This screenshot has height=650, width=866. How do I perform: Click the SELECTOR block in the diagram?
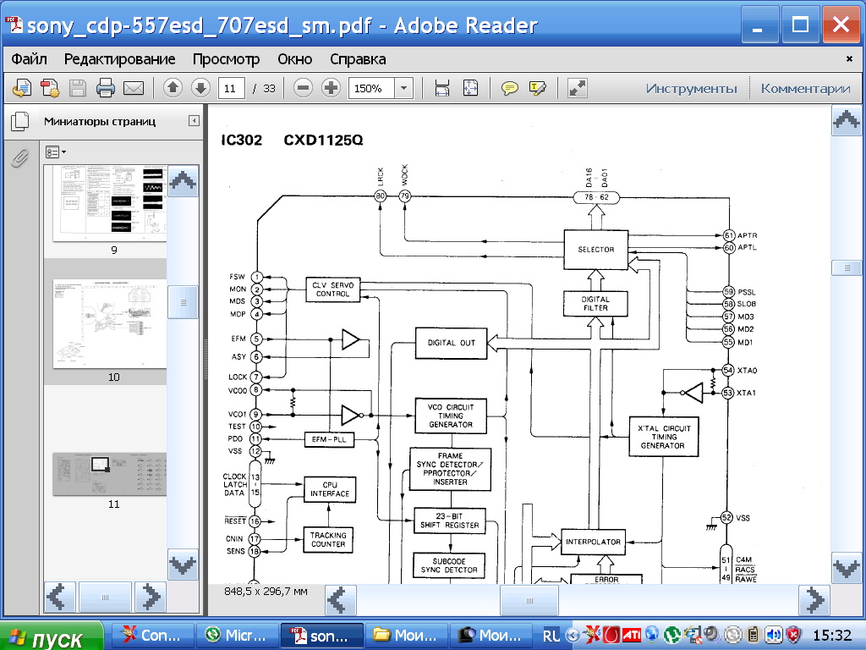(x=596, y=249)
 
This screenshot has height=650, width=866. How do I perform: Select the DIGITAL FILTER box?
(x=596, y=304)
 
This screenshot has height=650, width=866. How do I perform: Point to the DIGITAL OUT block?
(x=452, y=343)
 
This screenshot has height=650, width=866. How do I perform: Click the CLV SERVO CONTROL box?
(x=333, y=289)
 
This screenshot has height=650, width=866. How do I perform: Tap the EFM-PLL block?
(x=330, y=439)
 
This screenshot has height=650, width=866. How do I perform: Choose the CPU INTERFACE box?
(x=329, y=489)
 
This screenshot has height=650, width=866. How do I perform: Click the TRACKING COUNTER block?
(x=328, y=539)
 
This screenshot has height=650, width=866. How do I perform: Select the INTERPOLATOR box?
(x=593, y=542)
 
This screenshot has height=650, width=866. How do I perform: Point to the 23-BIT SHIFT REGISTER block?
(x=450, y=521)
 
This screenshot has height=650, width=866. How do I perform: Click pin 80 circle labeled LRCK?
(x=381, y=196)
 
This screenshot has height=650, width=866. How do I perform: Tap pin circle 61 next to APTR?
(x=728, y=234)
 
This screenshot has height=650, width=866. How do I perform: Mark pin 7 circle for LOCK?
(x=256, y=377)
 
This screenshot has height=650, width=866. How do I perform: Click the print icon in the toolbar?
(x=105, y=88)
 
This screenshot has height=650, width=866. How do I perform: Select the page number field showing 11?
(x=231, y=88)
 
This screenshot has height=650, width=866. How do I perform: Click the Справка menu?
(x=358, y=59)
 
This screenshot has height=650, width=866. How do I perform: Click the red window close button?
(x=841, y=25)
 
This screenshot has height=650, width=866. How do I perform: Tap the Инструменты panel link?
(x=691, y=88)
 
